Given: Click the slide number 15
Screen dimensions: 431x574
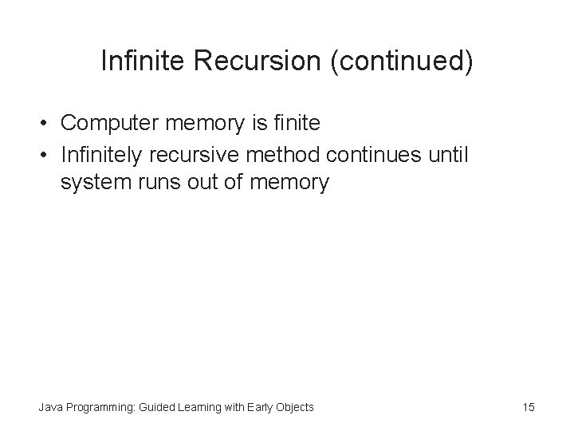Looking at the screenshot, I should (x=528, y=408).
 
